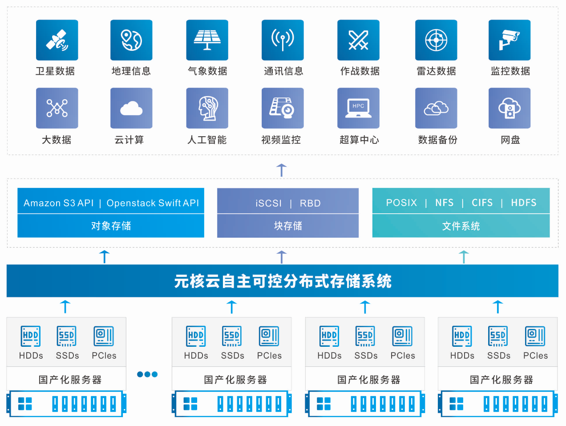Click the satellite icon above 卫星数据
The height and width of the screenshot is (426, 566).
click(x=57, y=40)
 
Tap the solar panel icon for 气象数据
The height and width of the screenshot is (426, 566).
click(x=207, y=40)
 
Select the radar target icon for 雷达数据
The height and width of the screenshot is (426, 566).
click(x=436, y=40)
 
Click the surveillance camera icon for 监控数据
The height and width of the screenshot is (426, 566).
click(x=509, y=40)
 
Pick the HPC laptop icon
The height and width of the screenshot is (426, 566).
click(x=358, y=108)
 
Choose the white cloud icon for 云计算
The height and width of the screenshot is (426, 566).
click(x=131, y=108)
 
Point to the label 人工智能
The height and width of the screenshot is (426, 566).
click(x=207, y=140)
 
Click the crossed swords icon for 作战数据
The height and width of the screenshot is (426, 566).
click(x=358, y=40)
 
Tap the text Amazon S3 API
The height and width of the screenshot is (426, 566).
click(x=59, y=203)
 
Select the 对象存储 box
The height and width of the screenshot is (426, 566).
click(x=111, y=226)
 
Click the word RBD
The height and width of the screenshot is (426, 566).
click(x=310, y=203)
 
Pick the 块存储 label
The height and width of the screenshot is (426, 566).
click(x=288, y=226)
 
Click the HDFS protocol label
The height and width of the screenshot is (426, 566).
click(x=524, y=203)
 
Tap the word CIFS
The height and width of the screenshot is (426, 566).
click(x=482, y=203)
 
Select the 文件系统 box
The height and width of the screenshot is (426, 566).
click(x=461, y=226)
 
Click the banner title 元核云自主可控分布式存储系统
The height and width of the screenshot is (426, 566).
click(x=283, y=281)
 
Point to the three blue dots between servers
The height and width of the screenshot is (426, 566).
click(x=147, y=374)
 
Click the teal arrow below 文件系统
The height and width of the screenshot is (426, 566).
click(x=464, y=257)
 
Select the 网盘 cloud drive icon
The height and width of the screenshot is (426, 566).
click(x=509, y=108)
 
